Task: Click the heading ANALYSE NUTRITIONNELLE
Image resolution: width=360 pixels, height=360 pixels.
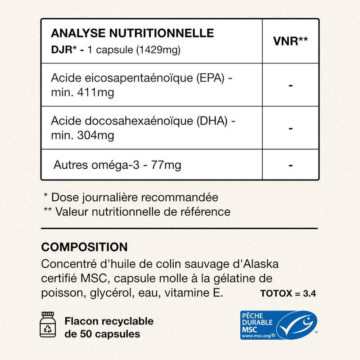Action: [132, 33]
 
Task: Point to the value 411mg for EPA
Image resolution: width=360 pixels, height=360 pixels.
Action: [96, 93]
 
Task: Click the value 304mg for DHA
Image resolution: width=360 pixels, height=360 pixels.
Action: [96, 135]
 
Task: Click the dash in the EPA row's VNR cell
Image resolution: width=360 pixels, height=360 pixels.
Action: [291, 85]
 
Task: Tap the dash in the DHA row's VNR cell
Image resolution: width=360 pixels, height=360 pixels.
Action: [291, 128]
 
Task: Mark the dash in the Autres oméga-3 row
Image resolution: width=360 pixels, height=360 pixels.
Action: [291, 165]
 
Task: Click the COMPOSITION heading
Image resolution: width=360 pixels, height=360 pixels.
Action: [84, 247]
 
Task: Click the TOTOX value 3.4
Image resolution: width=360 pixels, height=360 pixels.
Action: [310, 294]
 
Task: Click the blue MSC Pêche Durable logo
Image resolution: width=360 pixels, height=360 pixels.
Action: [279, 325]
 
